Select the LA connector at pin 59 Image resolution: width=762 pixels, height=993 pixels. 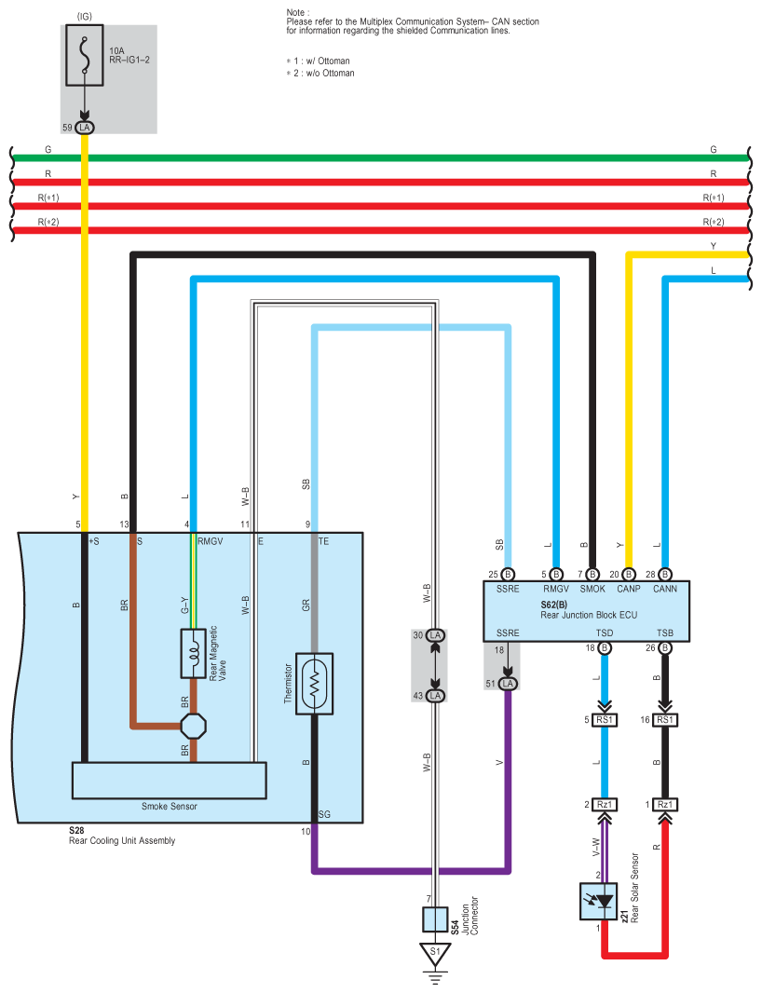tap(84, 128)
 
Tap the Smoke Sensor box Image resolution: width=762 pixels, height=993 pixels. tap(170, 781)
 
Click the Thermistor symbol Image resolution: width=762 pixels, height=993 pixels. tap(314, 684)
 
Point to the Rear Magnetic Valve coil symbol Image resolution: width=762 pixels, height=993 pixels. tap(193, 654)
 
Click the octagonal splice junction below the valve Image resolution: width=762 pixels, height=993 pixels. tap(193, 726)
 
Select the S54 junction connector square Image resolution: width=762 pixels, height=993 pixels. tap(435, 919)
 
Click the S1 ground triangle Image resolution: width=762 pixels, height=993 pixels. tap(435, 953)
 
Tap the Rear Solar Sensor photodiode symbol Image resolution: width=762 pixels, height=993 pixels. tap(599, 902)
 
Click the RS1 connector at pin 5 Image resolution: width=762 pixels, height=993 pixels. tap(605, 720)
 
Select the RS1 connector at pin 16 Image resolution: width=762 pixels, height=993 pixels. tap(665, 720)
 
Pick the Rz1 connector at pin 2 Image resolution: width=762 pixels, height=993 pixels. tap(605, 804)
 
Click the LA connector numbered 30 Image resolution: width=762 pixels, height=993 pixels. tap(435, 635)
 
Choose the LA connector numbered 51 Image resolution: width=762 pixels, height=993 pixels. tap(508, 684)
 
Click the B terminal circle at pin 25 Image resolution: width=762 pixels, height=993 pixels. tap(508, 575)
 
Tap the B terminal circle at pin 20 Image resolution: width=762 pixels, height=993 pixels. tap(629, 575)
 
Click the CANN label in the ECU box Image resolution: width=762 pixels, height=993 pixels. tap(665, 589)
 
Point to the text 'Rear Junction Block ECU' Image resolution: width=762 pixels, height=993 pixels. tap(589, 615)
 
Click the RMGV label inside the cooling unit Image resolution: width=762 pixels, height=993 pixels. tap(211, 541)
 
